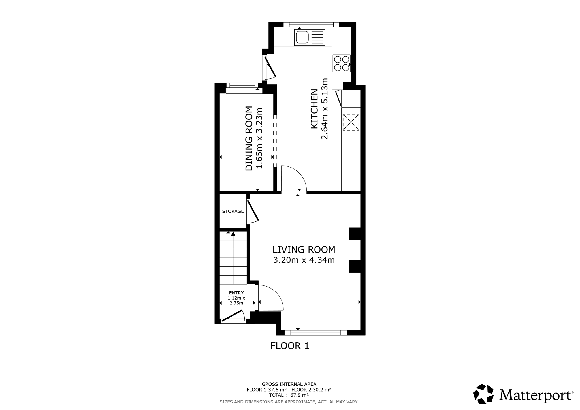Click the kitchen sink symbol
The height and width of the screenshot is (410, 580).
tap(310, 37)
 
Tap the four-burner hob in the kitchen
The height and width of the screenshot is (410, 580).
tap(342, 63)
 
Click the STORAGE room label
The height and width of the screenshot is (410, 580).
tap(233, 211)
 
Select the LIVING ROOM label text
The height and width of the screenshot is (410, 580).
tap(304, 250)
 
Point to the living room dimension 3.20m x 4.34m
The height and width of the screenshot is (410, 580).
tap(304, 260)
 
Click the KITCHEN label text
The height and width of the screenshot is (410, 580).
tap(315, 109)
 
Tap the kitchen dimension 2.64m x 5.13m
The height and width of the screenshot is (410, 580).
tap(325, 109)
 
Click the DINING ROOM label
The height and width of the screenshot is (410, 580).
tap(249, 138)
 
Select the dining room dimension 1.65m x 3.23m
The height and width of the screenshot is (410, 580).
tap(259, 138)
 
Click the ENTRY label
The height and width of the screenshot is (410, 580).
tap(236, 293)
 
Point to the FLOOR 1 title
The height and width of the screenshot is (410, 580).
tap(290, 346)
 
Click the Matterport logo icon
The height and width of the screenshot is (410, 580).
tap(483, 394)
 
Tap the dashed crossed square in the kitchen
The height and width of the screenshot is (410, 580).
tap(351, 122)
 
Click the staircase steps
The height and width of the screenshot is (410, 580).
tap(233, 258)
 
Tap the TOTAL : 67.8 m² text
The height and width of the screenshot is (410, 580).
tap(289, 395)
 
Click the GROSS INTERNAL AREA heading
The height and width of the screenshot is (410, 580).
tap(289, 384)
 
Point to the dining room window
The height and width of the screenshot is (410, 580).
tap(242, 85)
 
